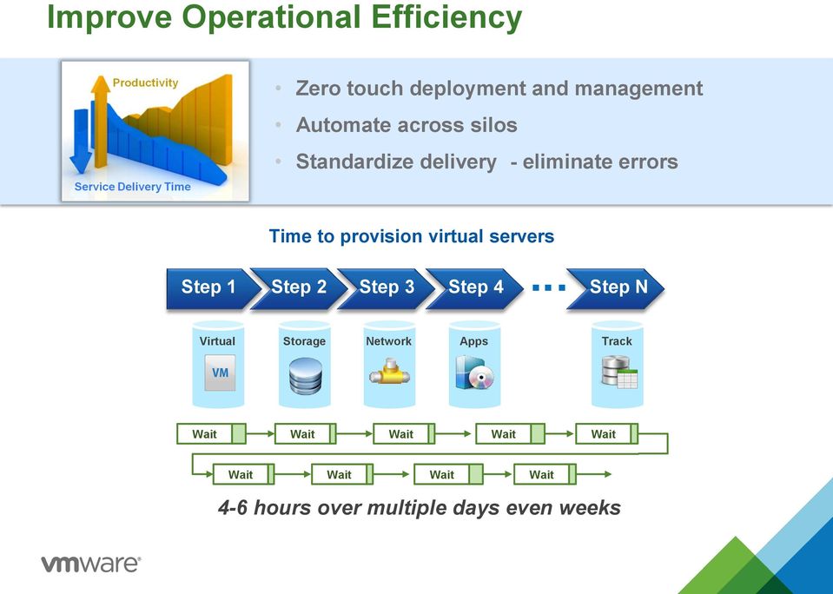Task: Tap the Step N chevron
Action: [x=616, y=288]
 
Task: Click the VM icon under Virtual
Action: [x=220, y=373]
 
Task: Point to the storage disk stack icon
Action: [x=306, y=376]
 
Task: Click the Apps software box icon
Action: [x=474, y=373]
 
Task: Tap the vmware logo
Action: [x=91, y=564]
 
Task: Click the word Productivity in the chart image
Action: [x=145, y=82]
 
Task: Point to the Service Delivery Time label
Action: [x=132, y=187]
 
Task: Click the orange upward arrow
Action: [x=100, y=121]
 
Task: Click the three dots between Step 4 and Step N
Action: [x=549, y=288]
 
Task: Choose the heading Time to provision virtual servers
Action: [x=412, y=236]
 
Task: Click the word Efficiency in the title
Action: [x=446, y=17]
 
